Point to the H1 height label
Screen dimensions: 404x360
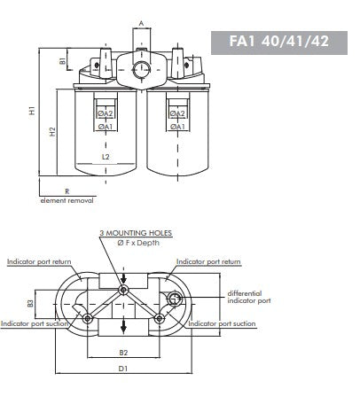click(x=32, y=111)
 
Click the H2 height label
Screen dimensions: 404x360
click(x=53, y=132)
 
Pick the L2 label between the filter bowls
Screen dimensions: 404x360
click(x=105, y=157)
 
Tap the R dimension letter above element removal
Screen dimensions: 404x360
click(x=67, y=191)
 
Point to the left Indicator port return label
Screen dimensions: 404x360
click(x=40, y=262)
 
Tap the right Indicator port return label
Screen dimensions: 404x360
click(x=208, y=262)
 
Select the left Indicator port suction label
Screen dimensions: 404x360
click(x=35, y=324)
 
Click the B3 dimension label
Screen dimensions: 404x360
click(x=30, y=303)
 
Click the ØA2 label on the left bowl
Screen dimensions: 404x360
click(x=105, y=114)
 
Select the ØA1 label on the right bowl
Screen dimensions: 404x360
click(x=176, y=127)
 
